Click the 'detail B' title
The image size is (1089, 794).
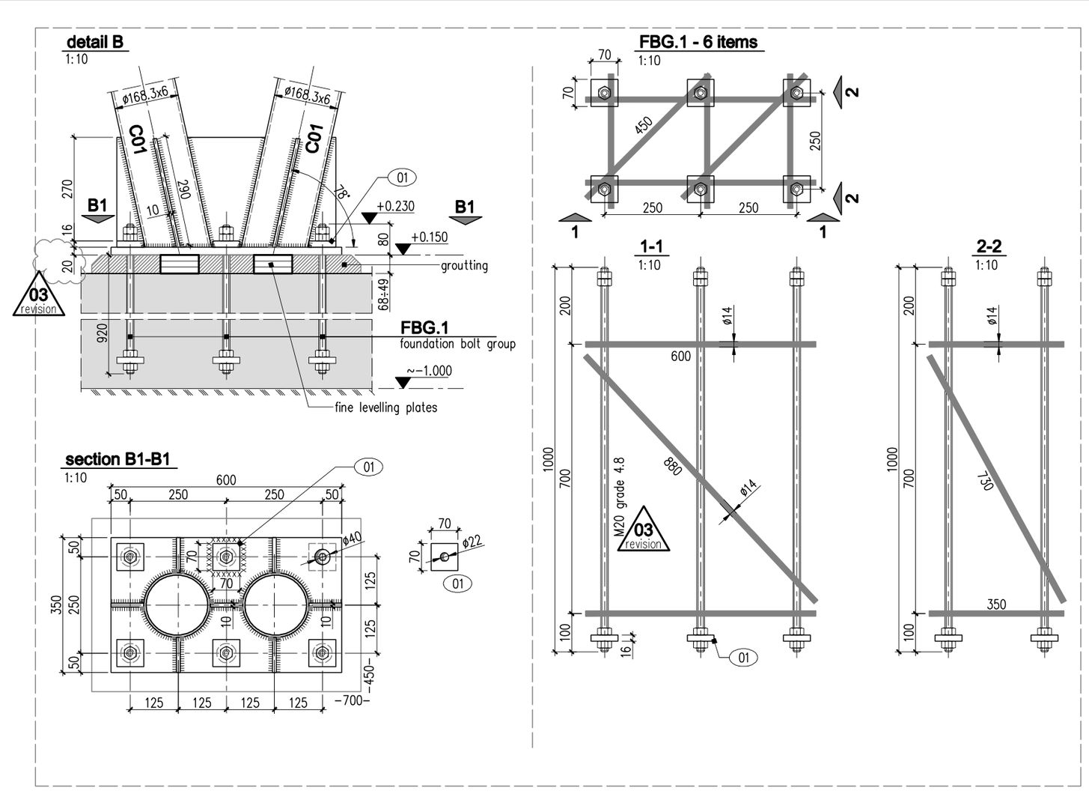pos(95,42)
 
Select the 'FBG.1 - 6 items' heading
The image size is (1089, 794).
pos(698,42)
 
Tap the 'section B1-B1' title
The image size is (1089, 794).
pos(118,459)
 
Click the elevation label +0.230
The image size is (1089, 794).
pos(396,206)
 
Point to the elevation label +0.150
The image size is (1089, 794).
pos(430,237)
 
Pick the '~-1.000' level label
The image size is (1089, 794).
pos(430,371)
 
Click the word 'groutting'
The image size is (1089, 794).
pos(464,266)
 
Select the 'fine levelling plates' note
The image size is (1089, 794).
pos(386,407)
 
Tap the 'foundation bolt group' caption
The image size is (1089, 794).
pos(457,344)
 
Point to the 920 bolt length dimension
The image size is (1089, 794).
pos(103,333)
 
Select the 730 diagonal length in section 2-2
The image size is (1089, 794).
pos(986,480)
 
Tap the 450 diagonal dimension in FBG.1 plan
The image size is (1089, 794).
pos(644,126)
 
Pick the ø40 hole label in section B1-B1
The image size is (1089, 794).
pos(352,538)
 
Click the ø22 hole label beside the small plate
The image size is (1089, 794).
pos(471,541)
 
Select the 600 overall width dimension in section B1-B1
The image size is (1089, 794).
pos(226,480)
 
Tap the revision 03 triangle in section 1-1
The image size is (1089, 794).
pos(643,531)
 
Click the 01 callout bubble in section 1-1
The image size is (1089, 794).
pos(744,658)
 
